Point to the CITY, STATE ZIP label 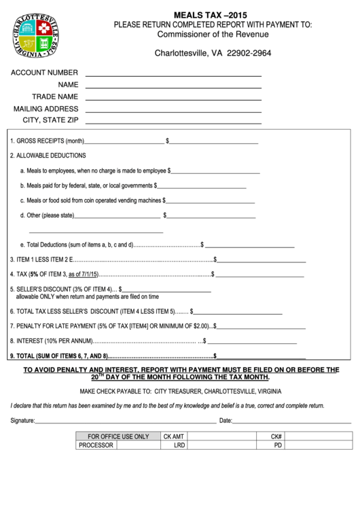[51, 120]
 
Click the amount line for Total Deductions [251, 246]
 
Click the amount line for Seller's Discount [167, 292]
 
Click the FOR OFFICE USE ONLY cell [118, 436]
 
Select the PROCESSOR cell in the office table [96, 446]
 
